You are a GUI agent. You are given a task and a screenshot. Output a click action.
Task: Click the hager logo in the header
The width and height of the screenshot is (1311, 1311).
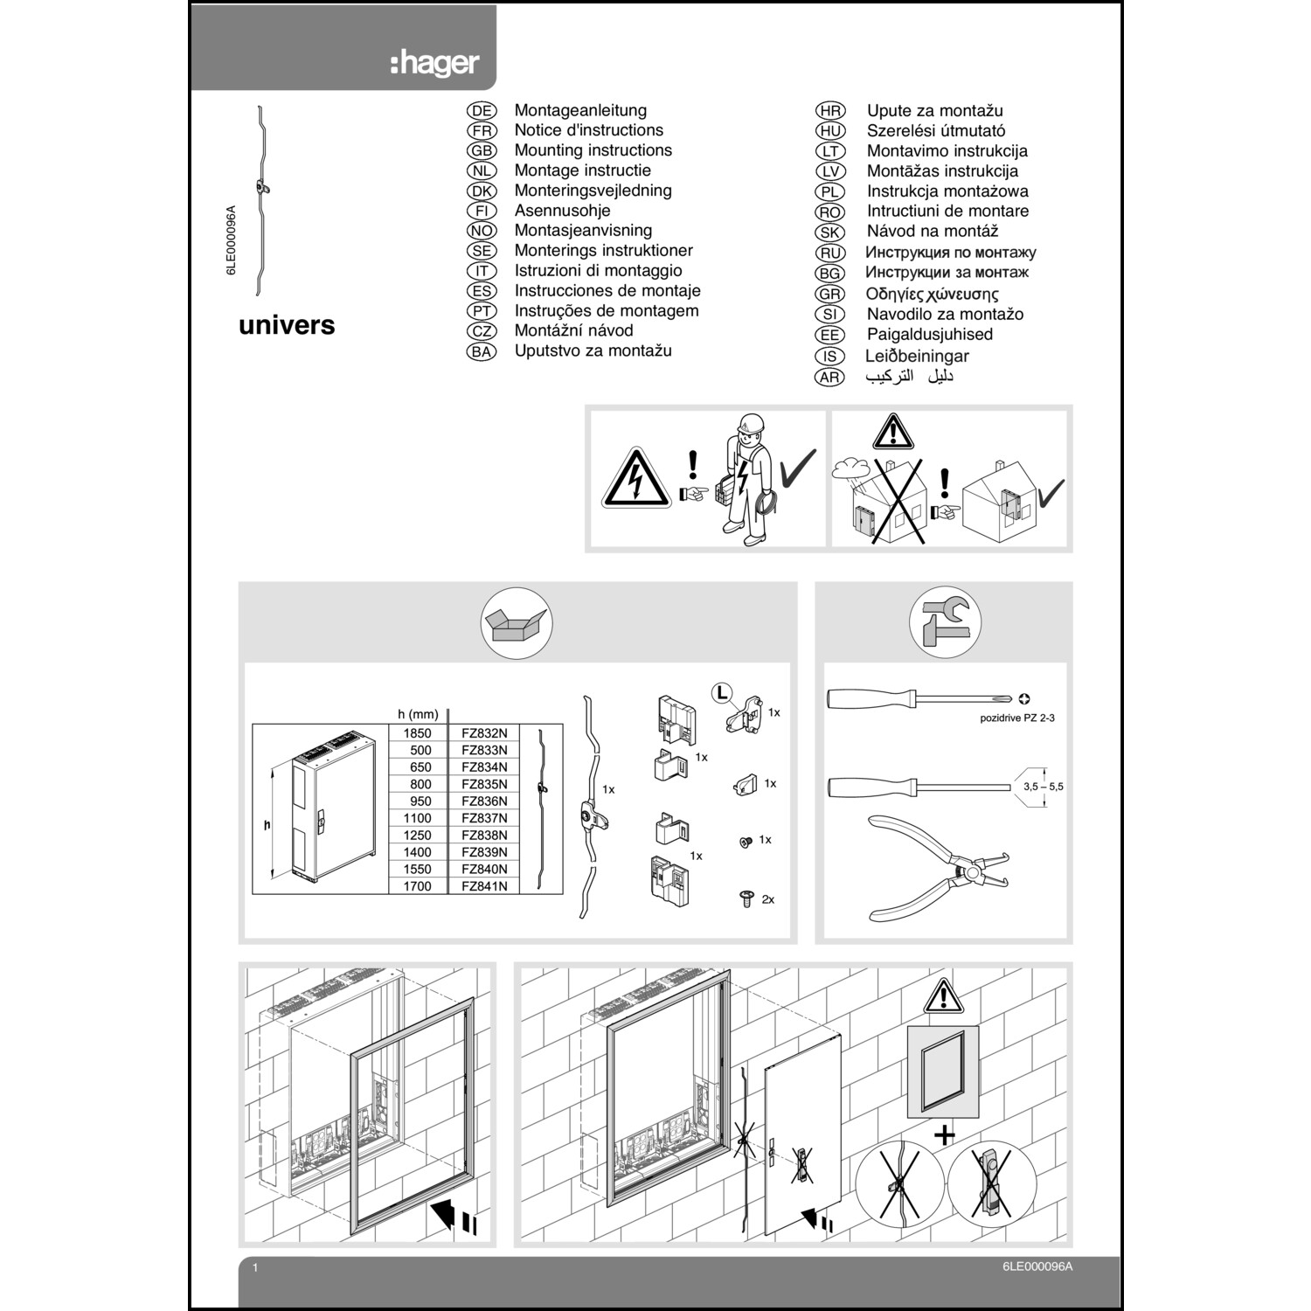[434, 64]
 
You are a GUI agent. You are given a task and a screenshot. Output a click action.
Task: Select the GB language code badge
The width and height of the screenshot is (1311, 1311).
[482, 150]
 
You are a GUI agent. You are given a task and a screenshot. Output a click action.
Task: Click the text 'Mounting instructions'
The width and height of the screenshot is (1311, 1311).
[593, 150]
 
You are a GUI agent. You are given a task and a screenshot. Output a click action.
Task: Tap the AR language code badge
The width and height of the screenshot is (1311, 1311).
[829, 378]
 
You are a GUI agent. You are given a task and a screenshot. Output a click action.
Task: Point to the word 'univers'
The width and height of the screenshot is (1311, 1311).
[287, 325]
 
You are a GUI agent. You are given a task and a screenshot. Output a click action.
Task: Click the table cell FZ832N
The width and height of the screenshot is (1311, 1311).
[484, 733]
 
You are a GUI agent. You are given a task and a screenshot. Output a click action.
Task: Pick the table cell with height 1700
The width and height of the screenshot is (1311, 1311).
[418, 886]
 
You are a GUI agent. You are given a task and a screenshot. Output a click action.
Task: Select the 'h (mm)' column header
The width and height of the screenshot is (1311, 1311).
[418, 715]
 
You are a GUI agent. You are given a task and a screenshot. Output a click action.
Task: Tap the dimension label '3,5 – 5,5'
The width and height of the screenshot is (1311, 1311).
[1044, 787]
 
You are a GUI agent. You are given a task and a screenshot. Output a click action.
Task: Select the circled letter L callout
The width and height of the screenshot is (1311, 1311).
[721, 693]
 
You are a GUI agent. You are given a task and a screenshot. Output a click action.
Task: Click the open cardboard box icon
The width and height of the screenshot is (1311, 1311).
[517, 624]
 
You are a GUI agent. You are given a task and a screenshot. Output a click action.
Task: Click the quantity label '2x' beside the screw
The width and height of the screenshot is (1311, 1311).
[767, 899]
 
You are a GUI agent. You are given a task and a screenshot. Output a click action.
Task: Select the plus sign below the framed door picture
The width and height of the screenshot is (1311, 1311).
[944, 1136]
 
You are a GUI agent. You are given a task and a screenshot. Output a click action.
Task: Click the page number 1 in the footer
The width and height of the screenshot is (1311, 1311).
[255, 1267]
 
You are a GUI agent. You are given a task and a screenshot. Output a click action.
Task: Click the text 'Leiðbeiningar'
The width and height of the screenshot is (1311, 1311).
[917, 356]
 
